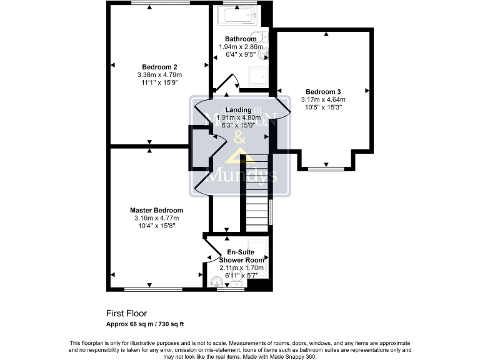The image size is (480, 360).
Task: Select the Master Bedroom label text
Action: point(156,210)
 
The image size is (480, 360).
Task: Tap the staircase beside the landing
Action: point(256,194)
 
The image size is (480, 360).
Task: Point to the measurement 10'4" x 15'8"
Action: point(156,226)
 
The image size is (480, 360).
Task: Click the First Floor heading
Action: point(127,314)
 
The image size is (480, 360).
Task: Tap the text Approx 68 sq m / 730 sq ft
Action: point(145,324)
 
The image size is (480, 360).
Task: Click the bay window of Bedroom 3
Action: point(326,168)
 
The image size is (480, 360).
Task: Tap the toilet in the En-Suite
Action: point(217,281)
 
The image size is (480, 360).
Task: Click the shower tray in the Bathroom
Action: point(257,76)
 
